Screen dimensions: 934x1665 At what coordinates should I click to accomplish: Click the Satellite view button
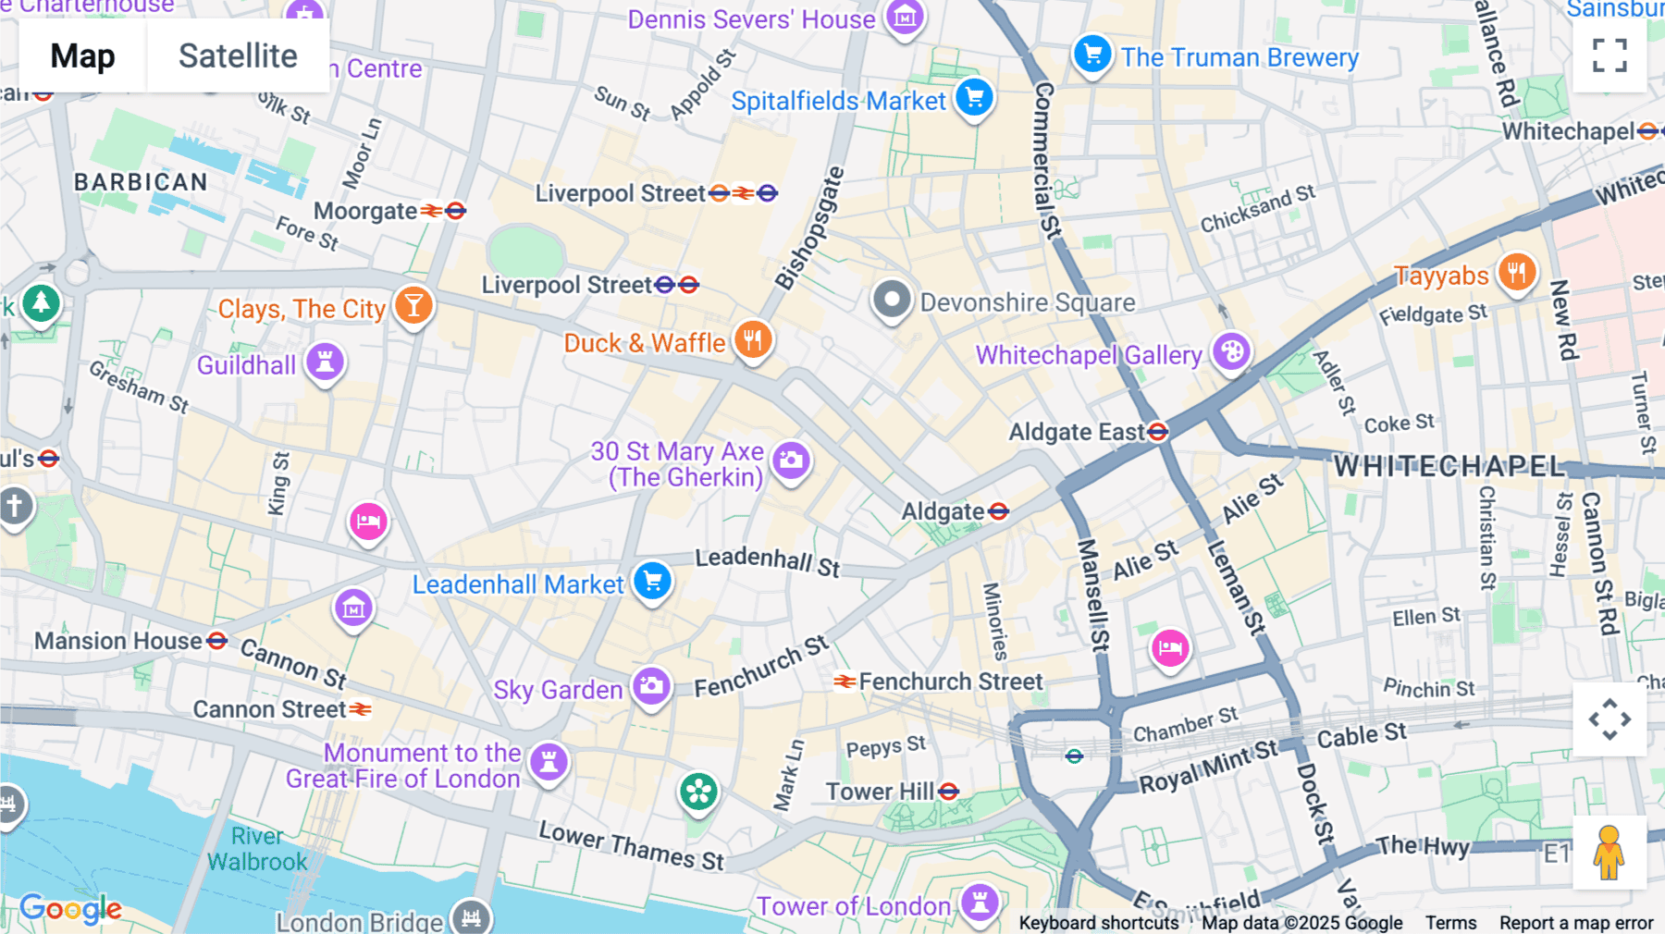point(238,56)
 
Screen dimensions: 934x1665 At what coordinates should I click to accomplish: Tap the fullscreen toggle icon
point(1609,55)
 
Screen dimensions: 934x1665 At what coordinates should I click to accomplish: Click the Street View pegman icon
point(1609,852)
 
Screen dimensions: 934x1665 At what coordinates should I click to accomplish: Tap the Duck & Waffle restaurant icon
point(753,340)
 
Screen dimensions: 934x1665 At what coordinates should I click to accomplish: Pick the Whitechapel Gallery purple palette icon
point(1231,352)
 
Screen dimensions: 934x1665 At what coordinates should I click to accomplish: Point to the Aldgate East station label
point(1077,432)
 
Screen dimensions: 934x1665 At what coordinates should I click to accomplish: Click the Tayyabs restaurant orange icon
point(1517,273)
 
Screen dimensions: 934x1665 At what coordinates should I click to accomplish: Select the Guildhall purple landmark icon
point(325,362)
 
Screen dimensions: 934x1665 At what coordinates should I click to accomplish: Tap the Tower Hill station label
point(880,792)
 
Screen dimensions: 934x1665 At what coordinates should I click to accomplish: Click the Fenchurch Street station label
point(950,682)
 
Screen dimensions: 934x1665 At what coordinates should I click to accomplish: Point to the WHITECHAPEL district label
point(1449,466)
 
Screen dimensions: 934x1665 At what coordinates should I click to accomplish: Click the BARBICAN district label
point(141,182)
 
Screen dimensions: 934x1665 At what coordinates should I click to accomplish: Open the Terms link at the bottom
point(1450,923)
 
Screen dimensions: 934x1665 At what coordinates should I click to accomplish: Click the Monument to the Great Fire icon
point(549,762)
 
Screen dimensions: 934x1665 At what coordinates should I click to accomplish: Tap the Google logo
point(70,909)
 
